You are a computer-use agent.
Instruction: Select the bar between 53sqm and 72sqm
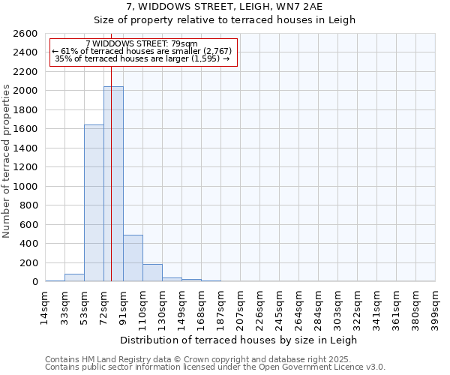click(x=94, y=202)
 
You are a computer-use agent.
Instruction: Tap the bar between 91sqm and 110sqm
click(x=133, y=258)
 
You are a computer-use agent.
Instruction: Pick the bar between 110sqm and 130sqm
click(x=152, y=273)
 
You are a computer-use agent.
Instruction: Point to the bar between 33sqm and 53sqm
click(x=74, y=277)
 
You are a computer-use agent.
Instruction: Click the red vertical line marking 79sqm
click(x=111, y=150)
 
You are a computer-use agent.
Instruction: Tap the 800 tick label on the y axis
click(x=30, y=205)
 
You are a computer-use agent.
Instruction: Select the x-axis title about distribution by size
click(x=239, y=340)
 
